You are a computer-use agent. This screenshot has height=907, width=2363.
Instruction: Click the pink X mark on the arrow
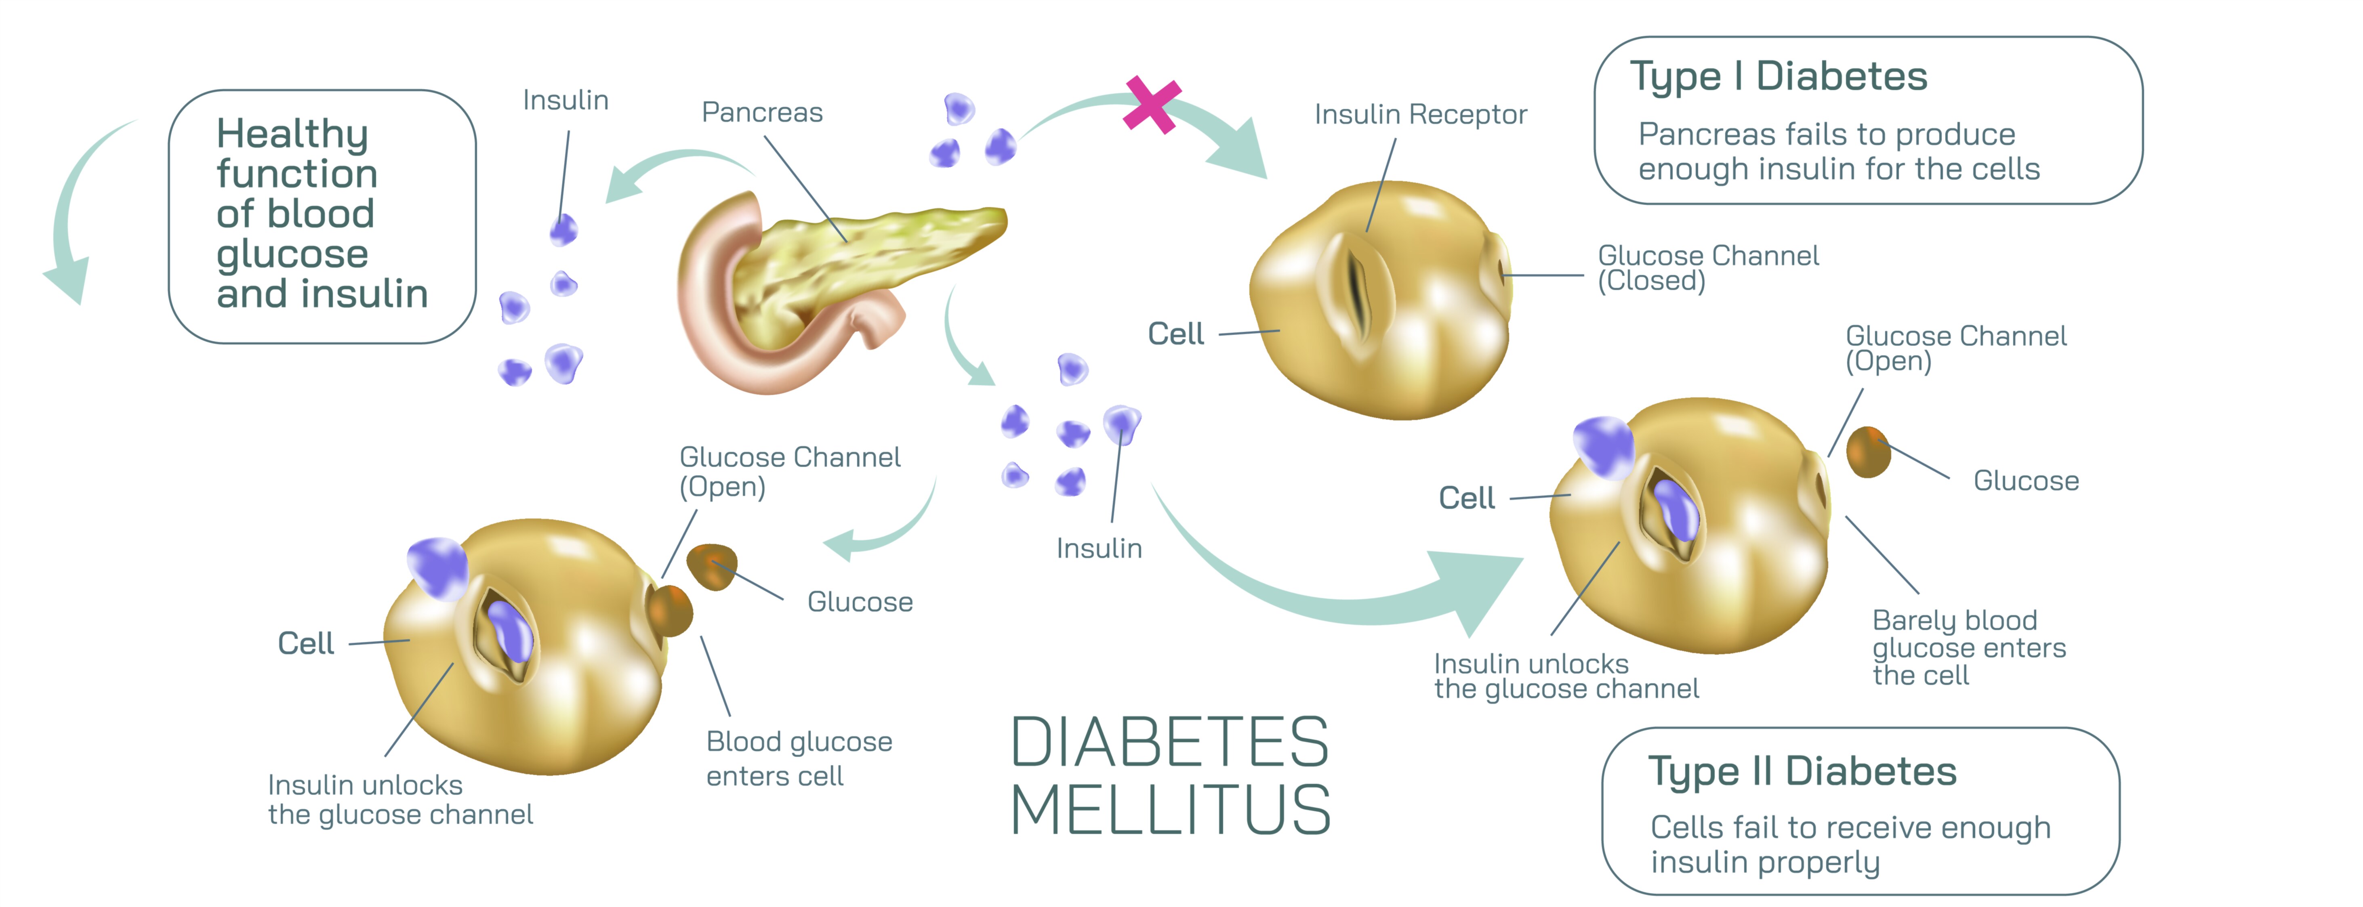tap(1152, 104)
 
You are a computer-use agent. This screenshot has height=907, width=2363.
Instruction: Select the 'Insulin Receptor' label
tap(1420, 115)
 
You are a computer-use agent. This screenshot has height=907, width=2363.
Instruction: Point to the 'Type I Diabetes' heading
tap(1778, 76)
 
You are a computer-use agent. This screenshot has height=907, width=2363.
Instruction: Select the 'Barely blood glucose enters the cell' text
tap(1968, 647)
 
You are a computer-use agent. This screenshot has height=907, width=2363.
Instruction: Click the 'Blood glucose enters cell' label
tap(798, 758)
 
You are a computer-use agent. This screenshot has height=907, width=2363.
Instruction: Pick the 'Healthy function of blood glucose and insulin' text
tap(321, 214)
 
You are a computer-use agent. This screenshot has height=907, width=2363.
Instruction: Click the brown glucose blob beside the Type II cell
tap(1868, 451)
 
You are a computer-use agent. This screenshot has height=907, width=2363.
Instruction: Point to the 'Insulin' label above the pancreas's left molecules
tap(565, 100)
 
